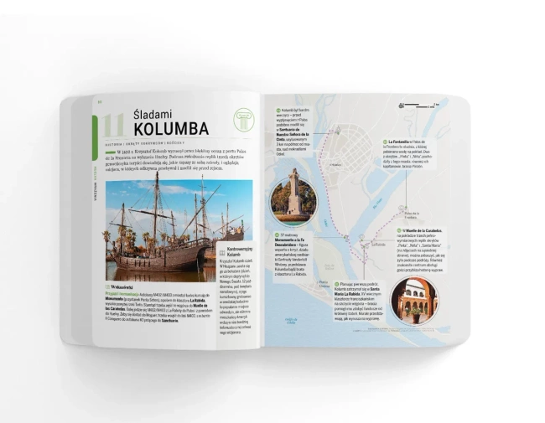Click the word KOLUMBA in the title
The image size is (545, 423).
170,129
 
